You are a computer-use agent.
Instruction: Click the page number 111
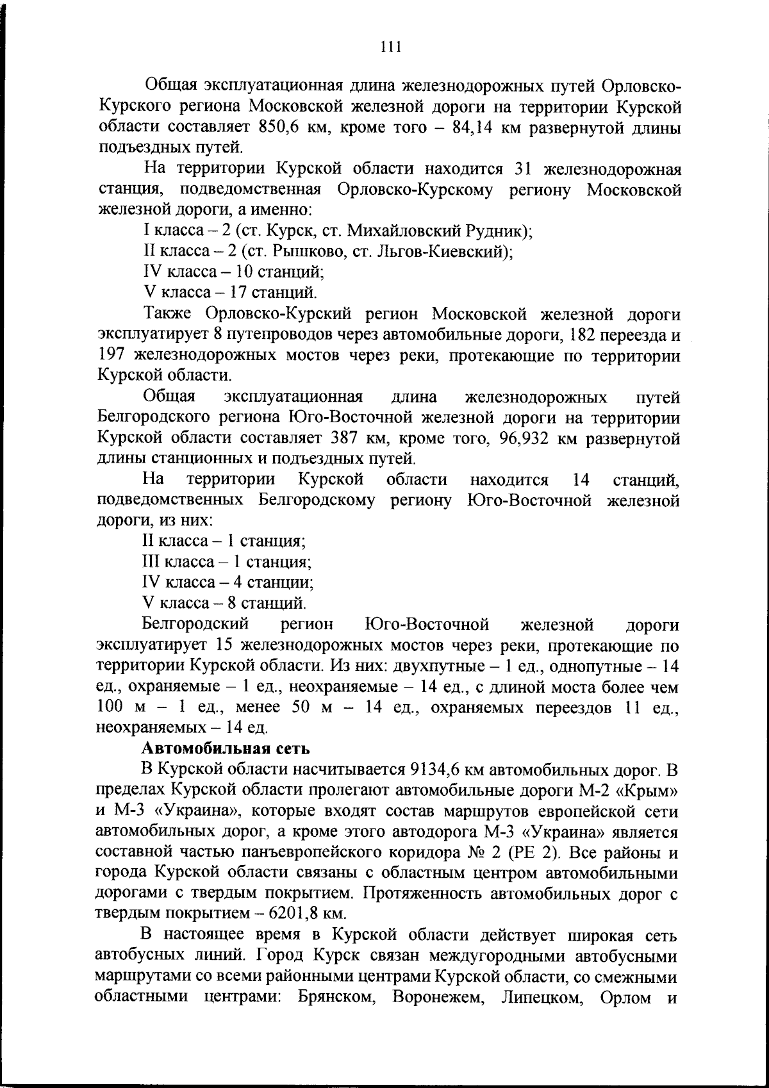[390, 47]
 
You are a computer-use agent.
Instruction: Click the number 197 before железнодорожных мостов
[112, 356]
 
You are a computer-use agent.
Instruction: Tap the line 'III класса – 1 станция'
[227, 562]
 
